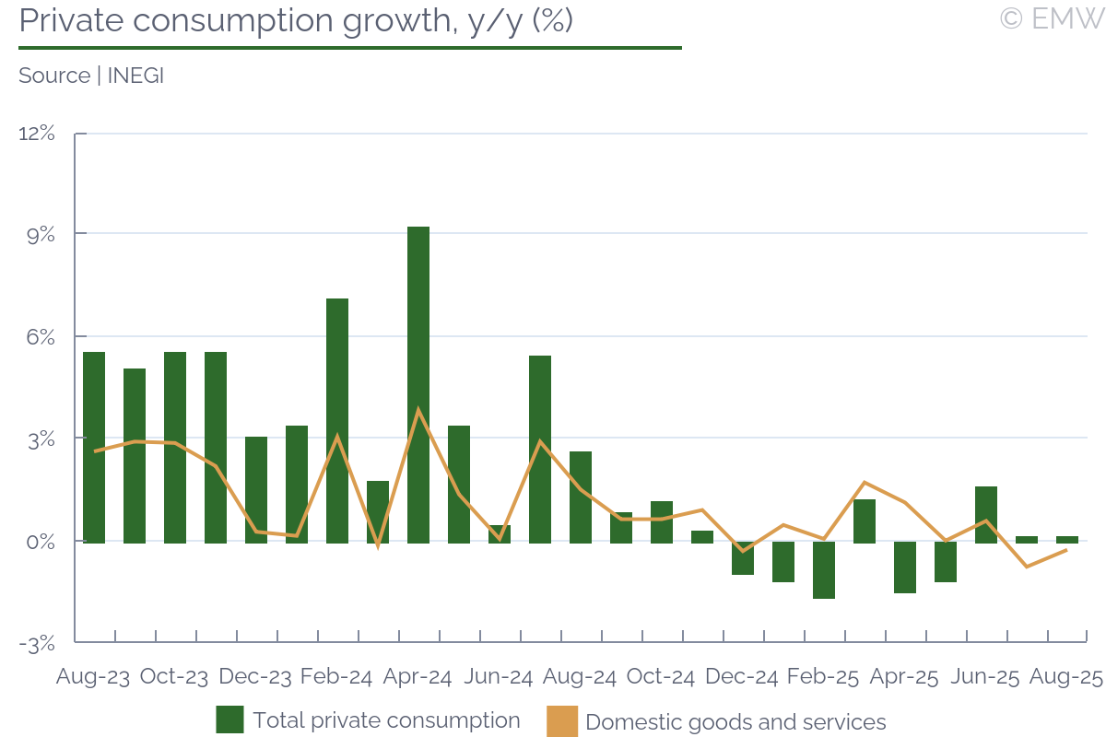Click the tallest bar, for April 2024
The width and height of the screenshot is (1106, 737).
(418, 384)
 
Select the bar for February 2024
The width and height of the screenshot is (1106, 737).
(337, 420)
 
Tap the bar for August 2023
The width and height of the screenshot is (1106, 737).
(94, 447)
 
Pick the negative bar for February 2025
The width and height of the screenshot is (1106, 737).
(824, 570)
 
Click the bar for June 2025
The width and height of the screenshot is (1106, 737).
(986, 514)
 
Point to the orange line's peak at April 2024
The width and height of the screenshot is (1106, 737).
(418, 409)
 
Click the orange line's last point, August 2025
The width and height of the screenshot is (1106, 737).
(1066, 550)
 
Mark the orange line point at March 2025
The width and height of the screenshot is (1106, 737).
(865, 482)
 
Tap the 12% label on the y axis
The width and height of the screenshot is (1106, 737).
(37, 134)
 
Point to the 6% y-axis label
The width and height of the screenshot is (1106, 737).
(41, 337)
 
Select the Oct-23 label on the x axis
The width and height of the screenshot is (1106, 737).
(174, 677)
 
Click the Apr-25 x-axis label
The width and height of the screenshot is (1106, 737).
(904, 677)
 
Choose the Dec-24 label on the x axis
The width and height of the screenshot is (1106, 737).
(742, 677)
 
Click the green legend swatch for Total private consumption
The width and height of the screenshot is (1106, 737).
(229, 720)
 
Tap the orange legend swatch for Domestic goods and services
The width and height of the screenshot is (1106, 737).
(562, 720)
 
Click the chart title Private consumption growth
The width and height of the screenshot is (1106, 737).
(296, 20)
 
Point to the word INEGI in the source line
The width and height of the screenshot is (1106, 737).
(135, 76)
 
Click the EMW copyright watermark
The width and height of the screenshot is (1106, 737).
(1051, 18)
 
